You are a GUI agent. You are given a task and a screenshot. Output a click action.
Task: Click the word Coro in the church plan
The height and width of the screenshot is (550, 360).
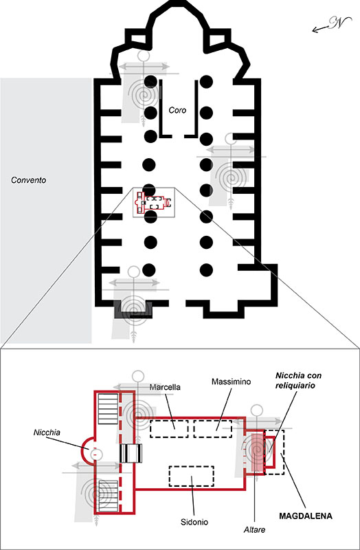[x=177, y=110]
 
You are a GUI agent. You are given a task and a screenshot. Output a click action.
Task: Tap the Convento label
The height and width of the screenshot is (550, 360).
[x=29, y=180]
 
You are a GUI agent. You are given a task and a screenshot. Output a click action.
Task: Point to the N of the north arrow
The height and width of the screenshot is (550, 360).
[x=335, y=23]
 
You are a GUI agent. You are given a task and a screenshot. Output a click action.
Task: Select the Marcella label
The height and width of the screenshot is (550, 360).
[x=165, y=388]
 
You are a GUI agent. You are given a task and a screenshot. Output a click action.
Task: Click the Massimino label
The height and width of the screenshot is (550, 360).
[x=232, y=382]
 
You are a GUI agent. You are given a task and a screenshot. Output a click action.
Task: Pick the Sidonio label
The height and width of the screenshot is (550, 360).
[x=194, y=522]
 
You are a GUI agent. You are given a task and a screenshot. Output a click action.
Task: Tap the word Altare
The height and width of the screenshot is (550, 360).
[x=254, y=529]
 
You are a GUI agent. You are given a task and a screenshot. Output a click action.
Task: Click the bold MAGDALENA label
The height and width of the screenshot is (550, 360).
[x=306, y=516]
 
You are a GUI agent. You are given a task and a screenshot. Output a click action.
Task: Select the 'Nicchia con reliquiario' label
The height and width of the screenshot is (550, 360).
[x=298, y=380]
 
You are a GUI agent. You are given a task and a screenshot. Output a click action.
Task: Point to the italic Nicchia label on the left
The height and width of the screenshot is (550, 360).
[x=47, y=432]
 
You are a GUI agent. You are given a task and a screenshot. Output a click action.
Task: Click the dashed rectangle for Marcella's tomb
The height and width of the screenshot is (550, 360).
[x=169, y=428]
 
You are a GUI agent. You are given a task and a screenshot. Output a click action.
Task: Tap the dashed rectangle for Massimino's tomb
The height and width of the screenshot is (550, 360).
[x=213, y=428]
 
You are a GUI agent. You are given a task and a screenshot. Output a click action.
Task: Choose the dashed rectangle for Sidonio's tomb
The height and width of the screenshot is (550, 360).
[x=192, y=476]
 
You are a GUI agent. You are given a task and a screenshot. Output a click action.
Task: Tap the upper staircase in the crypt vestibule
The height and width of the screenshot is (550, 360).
[x=108, y=409]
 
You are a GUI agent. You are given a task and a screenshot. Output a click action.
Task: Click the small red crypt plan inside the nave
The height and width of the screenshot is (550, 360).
[x=153, y=203]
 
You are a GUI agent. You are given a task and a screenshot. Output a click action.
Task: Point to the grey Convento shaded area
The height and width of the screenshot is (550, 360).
[x=46, y=210]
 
